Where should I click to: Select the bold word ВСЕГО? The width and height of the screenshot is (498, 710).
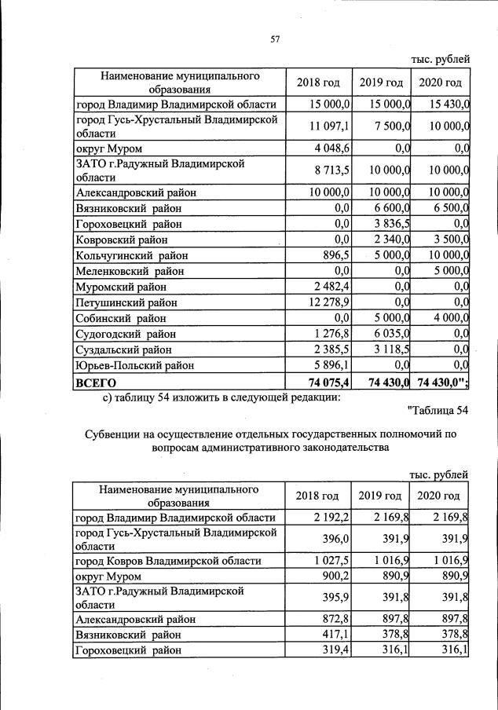click(96, 382)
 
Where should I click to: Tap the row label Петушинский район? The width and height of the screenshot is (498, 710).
click(126, 302)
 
